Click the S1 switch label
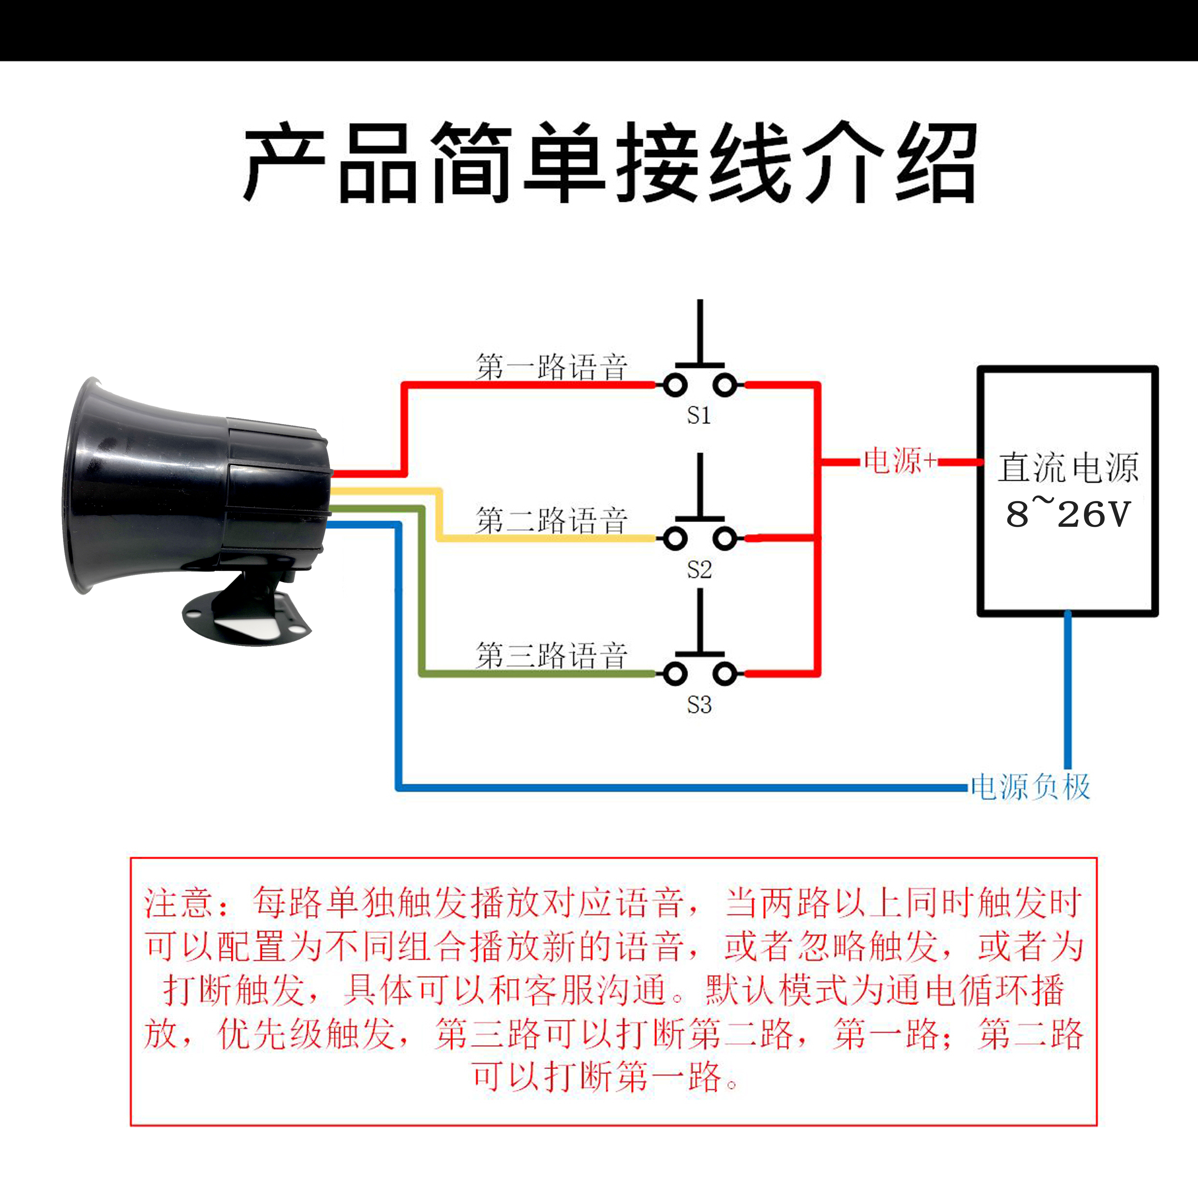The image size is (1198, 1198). coord(699,415)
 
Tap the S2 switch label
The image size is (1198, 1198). coord(699,569)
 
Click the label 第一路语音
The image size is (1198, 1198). coord(551,367)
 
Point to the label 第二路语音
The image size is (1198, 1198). coord(551,520)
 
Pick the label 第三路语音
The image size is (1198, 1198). coord(551,655)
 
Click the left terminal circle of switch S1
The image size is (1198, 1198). coord(675,385)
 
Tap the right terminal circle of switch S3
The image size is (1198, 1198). coord(724,673)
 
